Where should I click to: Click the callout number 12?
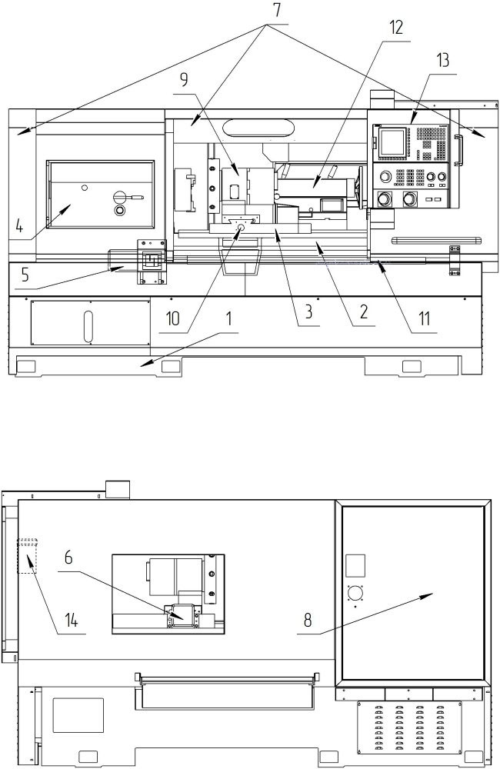tap(396, 28)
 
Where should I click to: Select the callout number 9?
tap(184, 79)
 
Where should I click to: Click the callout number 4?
tap(20, 226)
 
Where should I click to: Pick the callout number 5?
tap(25, 275)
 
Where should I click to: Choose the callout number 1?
tap(228, 319)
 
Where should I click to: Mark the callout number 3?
tap(308, 312)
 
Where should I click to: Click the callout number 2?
tap(363, 312)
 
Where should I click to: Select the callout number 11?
tap(424, 319)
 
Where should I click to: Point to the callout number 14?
tap(72, 621)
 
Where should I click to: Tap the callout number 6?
tap(68, 558)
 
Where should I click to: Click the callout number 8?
tap(308, 621)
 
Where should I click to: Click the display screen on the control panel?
tap(392, 143)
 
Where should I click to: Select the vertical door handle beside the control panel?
tap(460, 151)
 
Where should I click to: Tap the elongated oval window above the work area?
tap(258, 128)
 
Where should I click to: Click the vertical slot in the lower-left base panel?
tap(88, 326)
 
